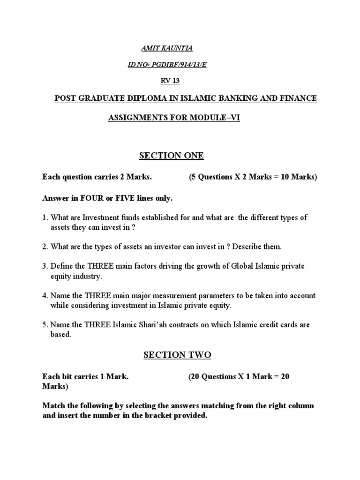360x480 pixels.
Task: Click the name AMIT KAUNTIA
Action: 160,49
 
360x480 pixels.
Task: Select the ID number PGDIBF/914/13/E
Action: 176,65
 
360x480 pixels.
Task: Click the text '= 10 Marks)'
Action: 294,177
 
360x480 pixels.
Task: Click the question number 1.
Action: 45,217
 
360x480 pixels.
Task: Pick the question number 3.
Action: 45,266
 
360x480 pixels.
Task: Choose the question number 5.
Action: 45,325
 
